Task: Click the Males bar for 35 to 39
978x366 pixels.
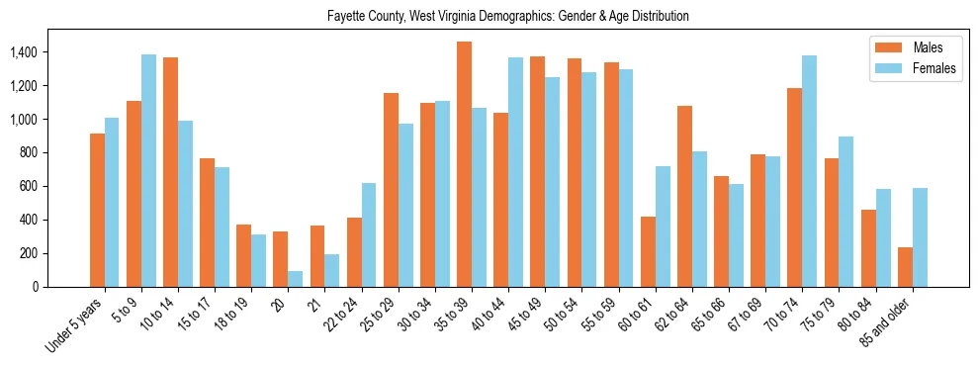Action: click(x=464, y=164)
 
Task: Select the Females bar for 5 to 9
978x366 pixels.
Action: click(x=148, y=170)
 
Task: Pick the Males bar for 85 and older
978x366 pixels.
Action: click(x=905, y=267)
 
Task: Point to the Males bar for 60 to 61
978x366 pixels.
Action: click(x=648, y=251)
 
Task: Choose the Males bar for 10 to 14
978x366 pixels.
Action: click(x=170, y=172)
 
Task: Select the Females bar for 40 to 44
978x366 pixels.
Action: click(x=516, y=172)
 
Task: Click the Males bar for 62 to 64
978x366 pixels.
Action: click(x=684, y=196)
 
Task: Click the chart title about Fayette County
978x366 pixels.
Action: click(x=507, y=17)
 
